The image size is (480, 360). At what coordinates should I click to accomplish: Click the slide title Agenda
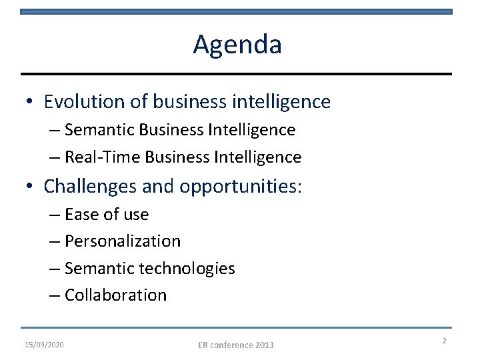(x=237, y=45)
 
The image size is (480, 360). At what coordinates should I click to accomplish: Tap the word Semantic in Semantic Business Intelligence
(x=97, y=129)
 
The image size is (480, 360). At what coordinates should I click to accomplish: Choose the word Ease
(x=81, y=215)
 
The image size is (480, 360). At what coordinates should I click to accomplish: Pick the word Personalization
(x=123, y=241)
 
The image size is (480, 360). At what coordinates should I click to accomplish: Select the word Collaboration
(x=116, y=295)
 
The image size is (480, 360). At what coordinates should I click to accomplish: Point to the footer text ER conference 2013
(x=236, y=345)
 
